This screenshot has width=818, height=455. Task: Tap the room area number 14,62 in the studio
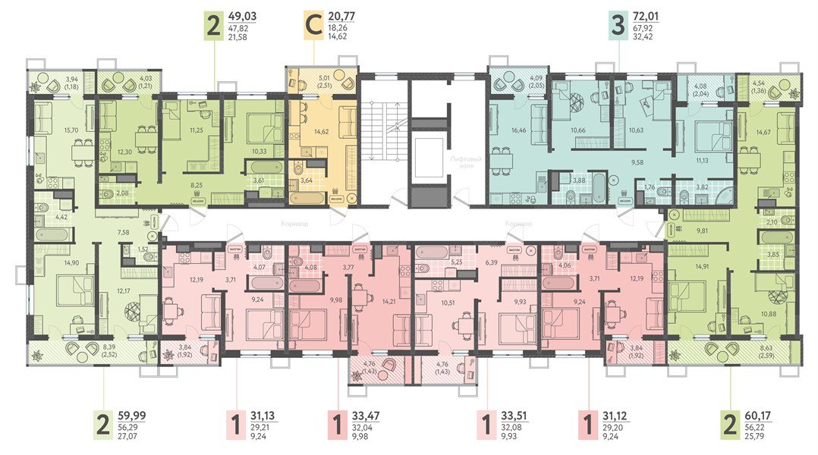tap(323, 130)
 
